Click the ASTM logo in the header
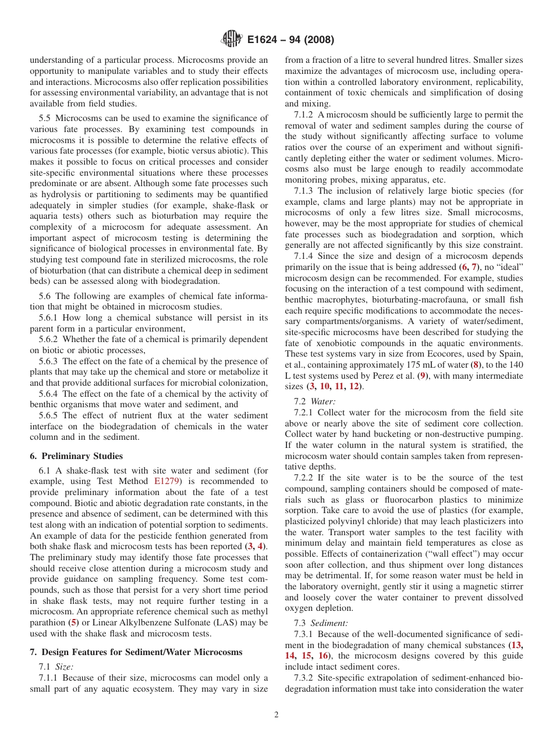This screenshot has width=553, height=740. pyautogui.click(x=231, y=40)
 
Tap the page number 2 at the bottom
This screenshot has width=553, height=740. pyautogui.click(x=276, y=715)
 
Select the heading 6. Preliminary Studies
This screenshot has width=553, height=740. pyautogui.click(x=76, y=456)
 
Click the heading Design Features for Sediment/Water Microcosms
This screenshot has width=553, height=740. pyautogui.click(x=141, y=652)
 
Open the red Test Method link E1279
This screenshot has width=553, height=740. pyautogui.click(x=166, y=481)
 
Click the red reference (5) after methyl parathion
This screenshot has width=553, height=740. pyautogui.click(x=73, y=622)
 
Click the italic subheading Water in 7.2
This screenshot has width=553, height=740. pyautogui.click(x=322, y=401)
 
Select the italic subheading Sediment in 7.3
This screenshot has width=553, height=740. pyautogui.click(x=329, y=623)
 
